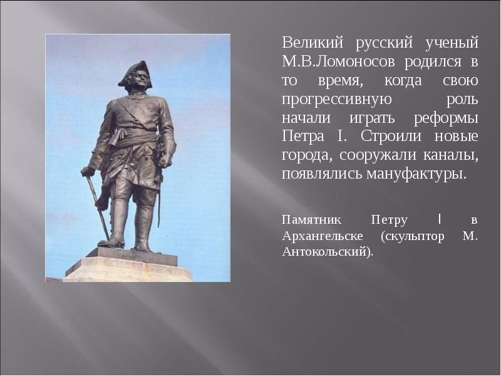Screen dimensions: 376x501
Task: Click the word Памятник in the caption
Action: click(311, 220)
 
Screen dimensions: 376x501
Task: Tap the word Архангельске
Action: click(326, 236)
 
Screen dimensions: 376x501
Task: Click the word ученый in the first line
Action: click(452, 43)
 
